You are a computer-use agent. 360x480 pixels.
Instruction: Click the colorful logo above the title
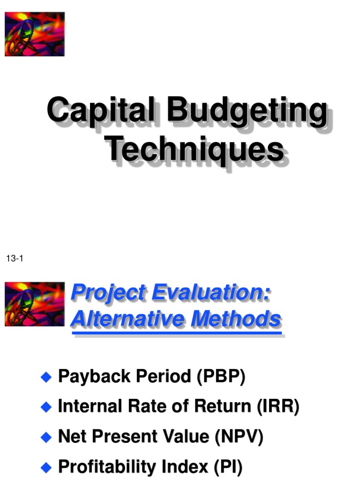[x=35, y=34]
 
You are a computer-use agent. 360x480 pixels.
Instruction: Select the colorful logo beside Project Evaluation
[x=35, y=304]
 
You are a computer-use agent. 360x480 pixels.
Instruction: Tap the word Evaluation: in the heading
[x=210, y=293]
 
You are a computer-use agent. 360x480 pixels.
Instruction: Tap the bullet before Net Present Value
[x=45, y=438]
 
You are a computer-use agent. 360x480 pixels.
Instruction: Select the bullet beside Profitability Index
[x=45, y=467]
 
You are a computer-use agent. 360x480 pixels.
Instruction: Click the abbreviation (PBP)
[x=220, y=377]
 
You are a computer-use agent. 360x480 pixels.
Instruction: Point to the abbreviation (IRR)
[x=277, y=407]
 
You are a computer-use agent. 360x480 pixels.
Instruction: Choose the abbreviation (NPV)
[x=239, y=437]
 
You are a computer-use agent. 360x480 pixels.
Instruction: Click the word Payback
[x=89, y=377]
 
